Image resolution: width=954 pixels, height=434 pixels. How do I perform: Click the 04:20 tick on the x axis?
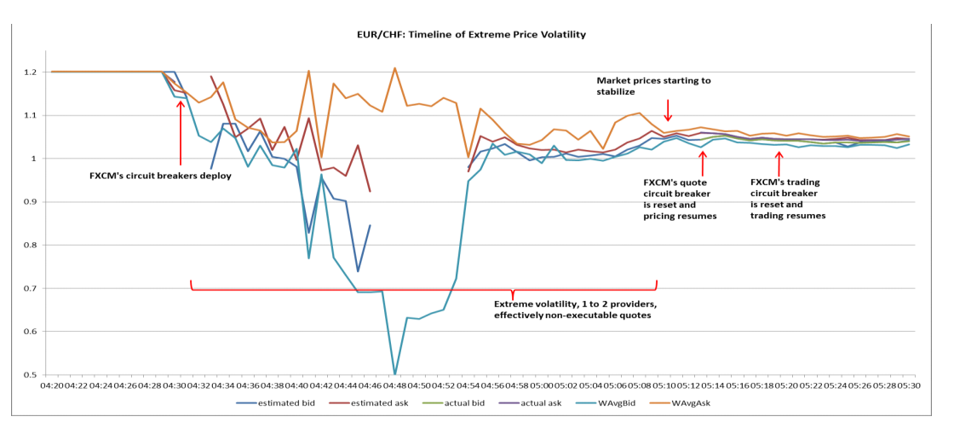coord(53,386)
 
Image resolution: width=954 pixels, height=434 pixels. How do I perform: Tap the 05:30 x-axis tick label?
coord(910,386)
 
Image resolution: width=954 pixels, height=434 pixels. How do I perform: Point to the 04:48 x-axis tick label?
coord(395,386)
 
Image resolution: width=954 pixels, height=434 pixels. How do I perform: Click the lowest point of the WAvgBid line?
coord(394,373)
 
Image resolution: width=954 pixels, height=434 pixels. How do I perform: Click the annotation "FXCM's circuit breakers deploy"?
coord(160,176)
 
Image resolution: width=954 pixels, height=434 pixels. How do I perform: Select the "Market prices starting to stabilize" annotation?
coord(653,86)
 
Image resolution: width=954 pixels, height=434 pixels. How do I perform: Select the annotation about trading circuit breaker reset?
coord(787,199)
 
